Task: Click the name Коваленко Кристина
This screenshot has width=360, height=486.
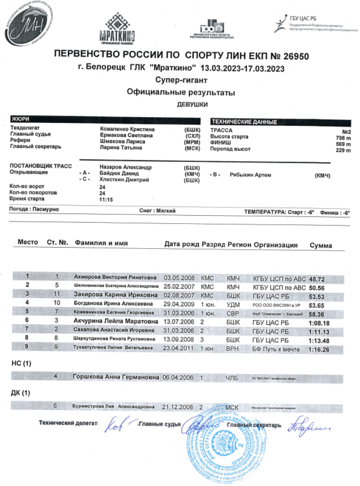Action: coord(127,129)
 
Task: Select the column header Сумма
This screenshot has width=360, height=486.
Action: coord(321,245)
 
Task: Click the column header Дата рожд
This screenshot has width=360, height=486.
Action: coord(181,244)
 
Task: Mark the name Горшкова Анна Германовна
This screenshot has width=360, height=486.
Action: coord(116,377)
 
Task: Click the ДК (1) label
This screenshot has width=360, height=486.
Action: coord(21,393)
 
